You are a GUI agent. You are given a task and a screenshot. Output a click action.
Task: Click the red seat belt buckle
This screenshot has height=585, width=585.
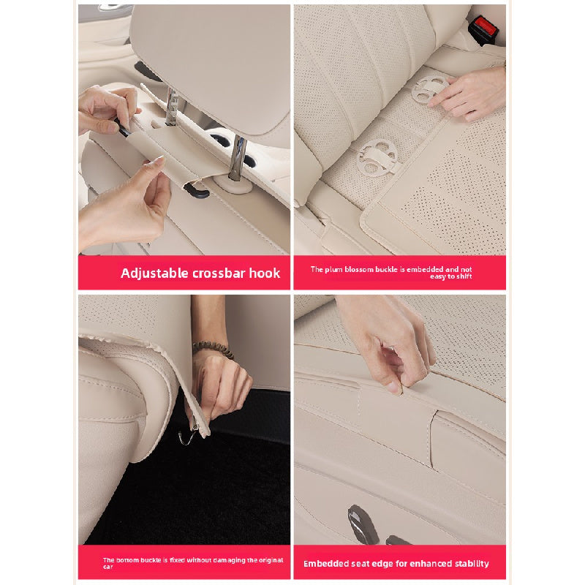click(x=483, y=29)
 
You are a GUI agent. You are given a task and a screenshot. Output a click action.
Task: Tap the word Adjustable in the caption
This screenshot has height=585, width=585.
click(x=154, y=273)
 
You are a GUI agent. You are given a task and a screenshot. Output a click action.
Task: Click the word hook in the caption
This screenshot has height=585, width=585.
click(x=265, y=273)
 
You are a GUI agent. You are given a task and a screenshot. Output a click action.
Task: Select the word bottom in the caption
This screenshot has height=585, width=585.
click(x=125, y=560)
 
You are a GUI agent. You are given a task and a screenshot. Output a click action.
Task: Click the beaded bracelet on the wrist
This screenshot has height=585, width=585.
click(x=213, y=349)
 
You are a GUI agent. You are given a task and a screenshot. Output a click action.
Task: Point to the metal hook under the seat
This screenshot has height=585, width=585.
click(x=188, y=435)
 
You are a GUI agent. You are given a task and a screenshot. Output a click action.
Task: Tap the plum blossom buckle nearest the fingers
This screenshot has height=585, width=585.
click(x=430, y=88)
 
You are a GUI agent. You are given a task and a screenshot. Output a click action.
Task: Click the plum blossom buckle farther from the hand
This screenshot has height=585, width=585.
click(x=377, y=156)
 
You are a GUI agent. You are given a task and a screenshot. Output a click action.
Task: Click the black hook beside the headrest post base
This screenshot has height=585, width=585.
click(x=196, y=189)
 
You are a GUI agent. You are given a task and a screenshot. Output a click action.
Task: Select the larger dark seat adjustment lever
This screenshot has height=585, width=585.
click(x=363, y=524)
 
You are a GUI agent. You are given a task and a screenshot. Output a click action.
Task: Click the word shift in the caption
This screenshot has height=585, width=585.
click(x=464, y=276)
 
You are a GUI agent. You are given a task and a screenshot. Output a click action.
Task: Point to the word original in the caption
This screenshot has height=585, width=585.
click(x=270, y=560)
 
